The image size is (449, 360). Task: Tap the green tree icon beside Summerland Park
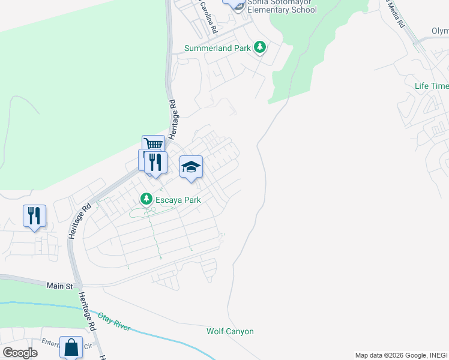pos(260,47)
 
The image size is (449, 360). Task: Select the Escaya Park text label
pos(178,199)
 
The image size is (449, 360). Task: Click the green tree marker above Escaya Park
pos(146,198)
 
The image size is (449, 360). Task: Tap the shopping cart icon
pos(154,145)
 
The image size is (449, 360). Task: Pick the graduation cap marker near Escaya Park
pos(191,167)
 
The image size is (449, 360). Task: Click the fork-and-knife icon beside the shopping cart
pos(155,162)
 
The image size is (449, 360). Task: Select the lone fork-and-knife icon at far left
pos(34,216)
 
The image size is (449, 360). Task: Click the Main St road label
pos(59,286)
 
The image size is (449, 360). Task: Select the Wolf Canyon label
pos(230,331)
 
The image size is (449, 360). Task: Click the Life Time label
pos(431,86)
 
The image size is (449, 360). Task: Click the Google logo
pos(20,353)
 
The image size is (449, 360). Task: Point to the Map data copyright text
pos(400,355)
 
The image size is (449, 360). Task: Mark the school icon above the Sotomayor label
pos(235,3)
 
